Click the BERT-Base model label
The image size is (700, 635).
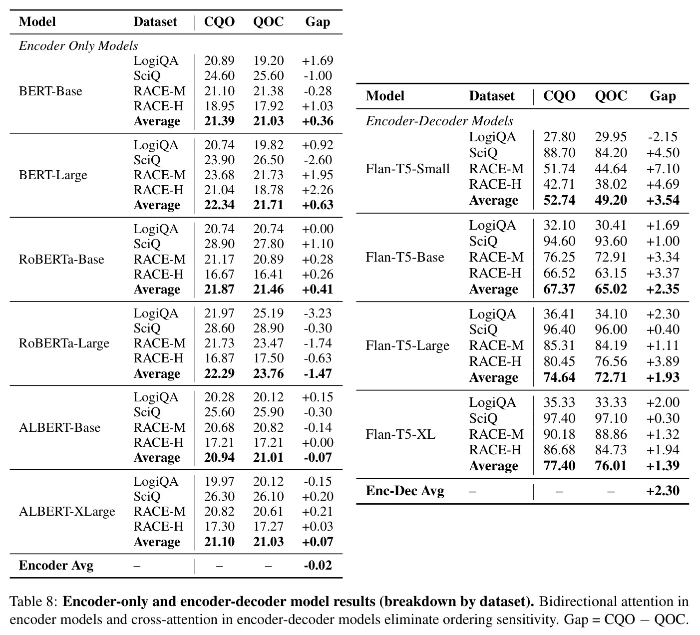tap(50, 91)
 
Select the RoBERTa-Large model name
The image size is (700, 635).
tap(64, 343)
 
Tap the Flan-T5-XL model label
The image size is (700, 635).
tap(400, 434)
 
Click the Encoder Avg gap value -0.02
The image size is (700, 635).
tap(318, 565)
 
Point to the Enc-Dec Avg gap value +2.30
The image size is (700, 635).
tap(663, 491)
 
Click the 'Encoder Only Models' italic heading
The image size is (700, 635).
tap(78, 46)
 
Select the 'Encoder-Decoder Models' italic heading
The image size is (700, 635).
tap(439, 121)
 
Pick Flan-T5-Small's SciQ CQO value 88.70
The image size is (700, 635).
tap(559, 153)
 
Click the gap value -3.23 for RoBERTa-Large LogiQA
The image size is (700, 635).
tap(318, 313)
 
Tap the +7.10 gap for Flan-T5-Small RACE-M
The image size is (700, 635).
tap(663, 169)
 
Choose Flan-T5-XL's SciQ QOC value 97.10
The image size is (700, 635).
tap(611, 418)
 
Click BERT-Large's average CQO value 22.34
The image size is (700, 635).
tap(220, 205)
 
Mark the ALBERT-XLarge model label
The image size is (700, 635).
tap(67, 512)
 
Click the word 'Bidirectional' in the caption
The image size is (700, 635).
tap(577, 602)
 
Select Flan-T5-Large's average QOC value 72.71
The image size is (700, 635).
tap(611, 377)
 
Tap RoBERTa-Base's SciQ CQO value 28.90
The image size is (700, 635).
tap(220, 244)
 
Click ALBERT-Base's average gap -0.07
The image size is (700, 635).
tap(318, 457)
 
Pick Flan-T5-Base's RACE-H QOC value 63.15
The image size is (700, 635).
tap(611, 273)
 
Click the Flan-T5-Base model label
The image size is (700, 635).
tap(405, 257)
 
